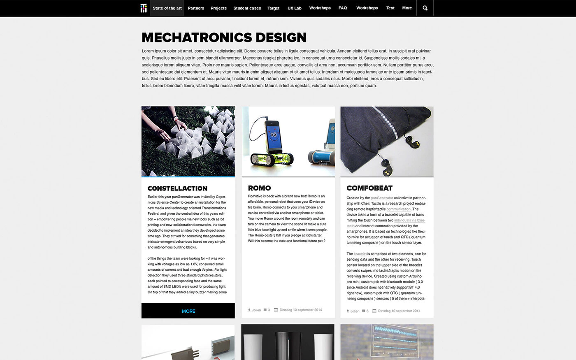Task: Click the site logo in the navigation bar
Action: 143,8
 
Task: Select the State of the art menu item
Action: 167,8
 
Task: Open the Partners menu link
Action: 196,8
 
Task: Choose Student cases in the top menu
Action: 247,8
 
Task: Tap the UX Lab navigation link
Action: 295,8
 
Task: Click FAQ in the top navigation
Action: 343,8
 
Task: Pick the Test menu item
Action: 390,8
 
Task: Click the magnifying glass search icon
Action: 425,8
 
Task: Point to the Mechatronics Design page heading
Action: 224,38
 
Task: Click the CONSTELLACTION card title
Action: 177,188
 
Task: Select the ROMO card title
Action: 259,188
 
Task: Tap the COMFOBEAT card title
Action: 369,188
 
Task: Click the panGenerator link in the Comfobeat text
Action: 382,198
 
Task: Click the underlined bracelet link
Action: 360,254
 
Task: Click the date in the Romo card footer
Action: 300,310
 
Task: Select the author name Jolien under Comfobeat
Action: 355,311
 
